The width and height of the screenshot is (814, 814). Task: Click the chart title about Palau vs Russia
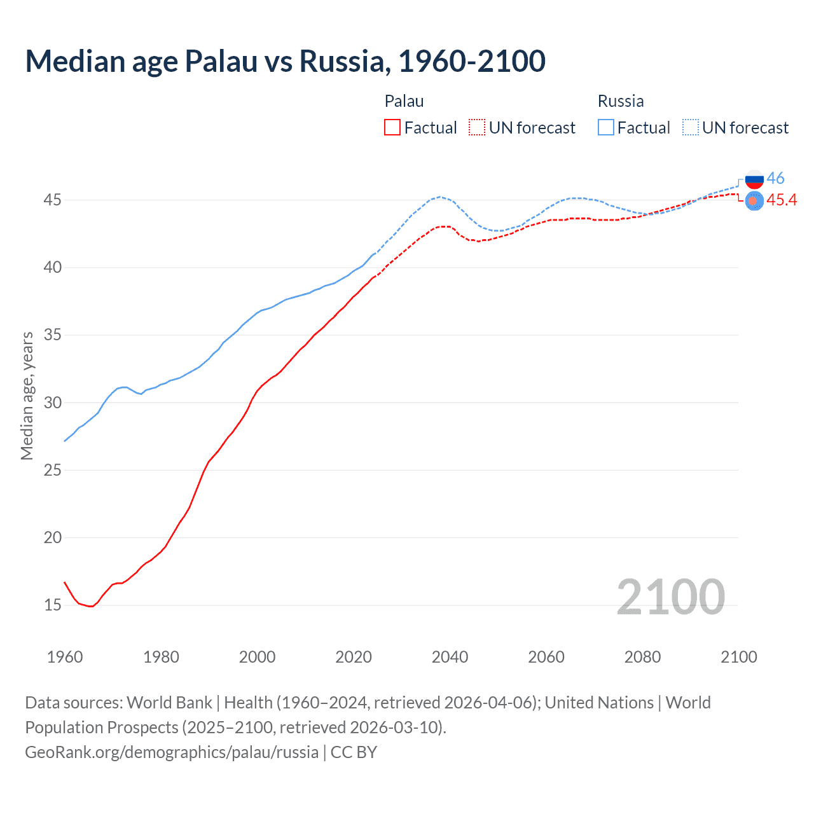[x=285, y=61]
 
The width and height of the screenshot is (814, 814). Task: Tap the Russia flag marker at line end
[x=754, y=179]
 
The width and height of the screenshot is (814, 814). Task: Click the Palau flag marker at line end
[x=754, y=201]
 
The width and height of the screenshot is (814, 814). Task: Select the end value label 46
[x=776, y=178]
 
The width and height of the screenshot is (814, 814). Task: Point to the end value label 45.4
[x=782, y=200]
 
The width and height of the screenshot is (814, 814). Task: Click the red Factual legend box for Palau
[x=392, y=128]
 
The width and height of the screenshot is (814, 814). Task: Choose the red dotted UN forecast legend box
[x=477, y=128]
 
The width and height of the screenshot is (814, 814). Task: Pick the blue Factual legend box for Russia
[x=606, y=128]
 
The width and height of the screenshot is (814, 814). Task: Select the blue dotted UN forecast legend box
[x=691, y=128]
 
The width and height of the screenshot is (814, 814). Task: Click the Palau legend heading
[x=404, y=101]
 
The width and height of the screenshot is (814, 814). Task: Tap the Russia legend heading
[x=621, y=101]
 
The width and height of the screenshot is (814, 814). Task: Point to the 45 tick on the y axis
[x=52, y=200]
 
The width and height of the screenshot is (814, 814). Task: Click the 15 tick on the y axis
[x=52, y=605]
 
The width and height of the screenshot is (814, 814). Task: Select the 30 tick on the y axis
[x=52, y=403]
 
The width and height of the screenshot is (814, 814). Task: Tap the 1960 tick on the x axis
[x=65, y=657]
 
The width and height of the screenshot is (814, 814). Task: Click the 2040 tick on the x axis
[x=450, y=657]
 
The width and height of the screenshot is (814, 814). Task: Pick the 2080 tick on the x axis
[x=642, y=657]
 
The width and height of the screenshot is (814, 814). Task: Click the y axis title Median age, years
[x=27, y=396]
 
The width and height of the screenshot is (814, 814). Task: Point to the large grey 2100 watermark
[x=670, y=597]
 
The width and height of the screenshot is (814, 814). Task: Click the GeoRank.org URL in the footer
[x=172, y=752]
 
